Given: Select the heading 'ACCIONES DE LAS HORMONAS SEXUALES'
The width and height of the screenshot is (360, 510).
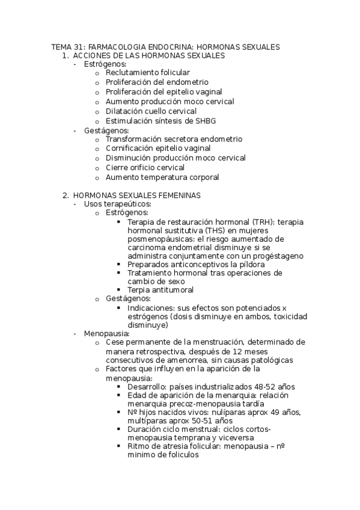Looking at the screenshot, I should point(148,55).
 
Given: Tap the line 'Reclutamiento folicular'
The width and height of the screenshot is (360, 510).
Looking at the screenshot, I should point(147,72).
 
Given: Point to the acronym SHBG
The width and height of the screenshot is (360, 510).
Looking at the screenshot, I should point(197,120).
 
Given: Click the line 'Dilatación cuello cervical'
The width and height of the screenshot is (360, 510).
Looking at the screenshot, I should point(151,111).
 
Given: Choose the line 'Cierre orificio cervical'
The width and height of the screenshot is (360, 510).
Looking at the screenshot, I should point(145,168).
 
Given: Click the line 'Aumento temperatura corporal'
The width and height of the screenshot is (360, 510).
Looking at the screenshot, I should point(162,177).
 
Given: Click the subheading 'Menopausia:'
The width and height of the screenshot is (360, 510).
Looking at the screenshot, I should point(107,333).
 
